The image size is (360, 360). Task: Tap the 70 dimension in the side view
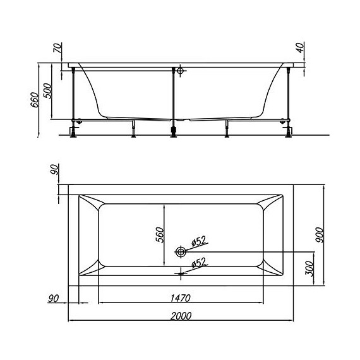[56, 48]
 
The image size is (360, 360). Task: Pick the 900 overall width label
[320, 234]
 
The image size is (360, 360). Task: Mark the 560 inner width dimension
[160, 234]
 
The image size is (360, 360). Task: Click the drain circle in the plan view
[182, 251]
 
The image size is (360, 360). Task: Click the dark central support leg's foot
[172, 130]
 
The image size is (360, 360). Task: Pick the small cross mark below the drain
[182, 272]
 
